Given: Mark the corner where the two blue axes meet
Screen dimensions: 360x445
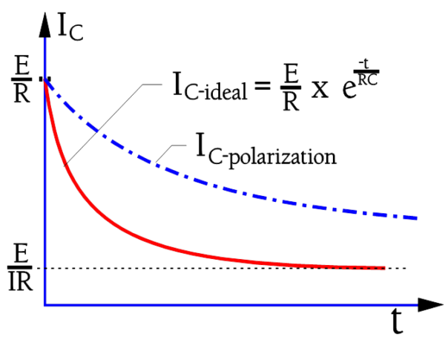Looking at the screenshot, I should point(46,304).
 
